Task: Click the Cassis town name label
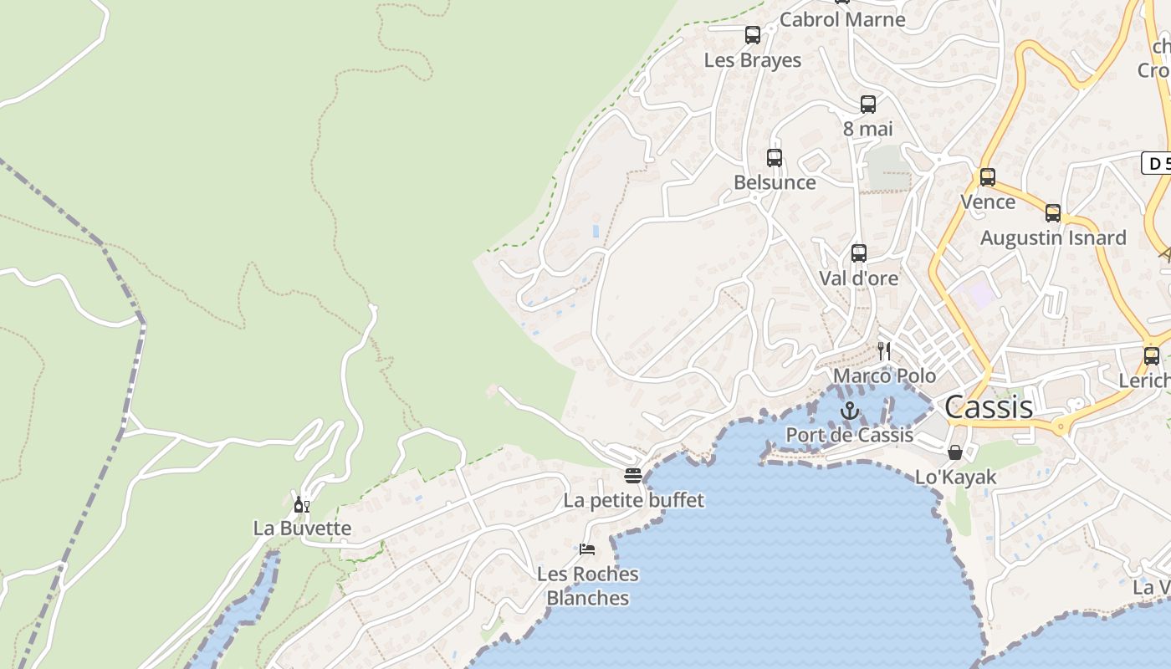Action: pos(989,407)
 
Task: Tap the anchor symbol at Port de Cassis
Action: pos(850,410)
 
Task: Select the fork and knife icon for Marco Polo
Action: pos(884,350)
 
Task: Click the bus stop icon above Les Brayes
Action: pos(753,35)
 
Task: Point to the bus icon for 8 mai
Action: pos(868,105)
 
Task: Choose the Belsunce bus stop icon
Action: pos(775,158)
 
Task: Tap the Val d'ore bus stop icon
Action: pos(858,253)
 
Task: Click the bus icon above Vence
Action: pos(988,177)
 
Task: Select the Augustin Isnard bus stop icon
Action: pos(1053,213)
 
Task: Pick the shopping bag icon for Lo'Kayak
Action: pos(955,452)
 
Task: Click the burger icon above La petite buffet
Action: pos(633,476)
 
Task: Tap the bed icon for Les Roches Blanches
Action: pos(587,549)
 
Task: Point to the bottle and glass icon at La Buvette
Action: pos(302,504)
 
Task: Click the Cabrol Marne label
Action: pos(842,19)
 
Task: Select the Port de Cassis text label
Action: pos(850,435)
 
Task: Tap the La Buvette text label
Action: pos(302,529)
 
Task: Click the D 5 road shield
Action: pos(1157,163)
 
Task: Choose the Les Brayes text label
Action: pos(753,60)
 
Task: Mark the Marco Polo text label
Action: pos(884,375)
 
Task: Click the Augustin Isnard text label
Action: pos(1053,237)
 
